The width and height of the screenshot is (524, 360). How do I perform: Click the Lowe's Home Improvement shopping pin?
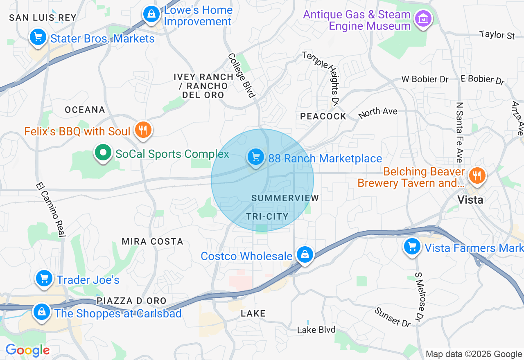151,14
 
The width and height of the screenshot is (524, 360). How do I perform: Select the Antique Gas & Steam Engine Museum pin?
423,18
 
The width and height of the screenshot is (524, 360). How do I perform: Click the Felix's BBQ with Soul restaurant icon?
143,130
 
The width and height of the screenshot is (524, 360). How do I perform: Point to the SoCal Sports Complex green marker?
103,153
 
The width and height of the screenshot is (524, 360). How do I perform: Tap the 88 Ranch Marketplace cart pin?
256,157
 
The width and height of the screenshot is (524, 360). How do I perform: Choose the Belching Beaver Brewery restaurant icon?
477,176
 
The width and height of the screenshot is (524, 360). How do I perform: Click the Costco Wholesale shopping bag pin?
305,254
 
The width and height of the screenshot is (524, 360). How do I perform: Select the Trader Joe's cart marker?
44,279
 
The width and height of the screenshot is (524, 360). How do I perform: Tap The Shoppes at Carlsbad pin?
42,312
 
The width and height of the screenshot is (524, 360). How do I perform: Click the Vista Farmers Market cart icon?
412,247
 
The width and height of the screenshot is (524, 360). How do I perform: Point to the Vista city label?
470,200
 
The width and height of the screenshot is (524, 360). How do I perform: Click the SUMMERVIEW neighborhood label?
285,198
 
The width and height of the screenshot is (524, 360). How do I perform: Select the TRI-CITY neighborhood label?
267,216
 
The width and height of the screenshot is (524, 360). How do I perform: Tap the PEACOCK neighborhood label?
323,116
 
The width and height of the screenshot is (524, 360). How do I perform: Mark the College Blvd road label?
242,76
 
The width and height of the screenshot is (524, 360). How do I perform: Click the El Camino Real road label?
51,209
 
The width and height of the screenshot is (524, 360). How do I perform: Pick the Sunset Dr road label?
393,317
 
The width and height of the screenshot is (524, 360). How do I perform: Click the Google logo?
27,350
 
